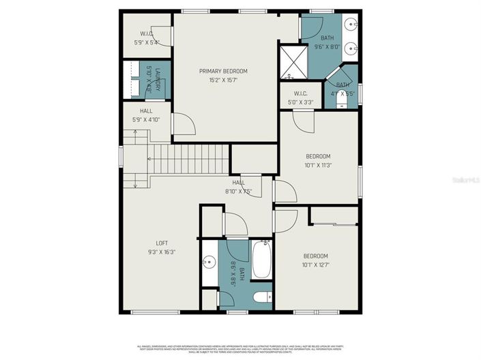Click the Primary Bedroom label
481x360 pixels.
tap(223, 71)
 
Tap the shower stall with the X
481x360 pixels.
tap(289, 61)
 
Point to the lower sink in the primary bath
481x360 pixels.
tap(351, 48)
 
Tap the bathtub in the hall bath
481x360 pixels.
tap(261, 260)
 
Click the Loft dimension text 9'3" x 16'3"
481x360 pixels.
tap(162, 251)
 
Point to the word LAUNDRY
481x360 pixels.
tap(158, 76)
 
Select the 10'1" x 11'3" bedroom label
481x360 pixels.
tap(317, 160)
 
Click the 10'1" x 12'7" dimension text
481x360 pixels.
tap(316, 265)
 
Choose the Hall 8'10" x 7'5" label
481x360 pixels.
tap(238, 187)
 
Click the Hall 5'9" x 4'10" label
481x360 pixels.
tap(146, 115)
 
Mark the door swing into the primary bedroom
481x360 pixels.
tap(186, 124)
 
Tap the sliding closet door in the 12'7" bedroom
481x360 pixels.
tap(334, 224)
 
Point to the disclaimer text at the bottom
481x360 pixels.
tap(240, 348)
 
